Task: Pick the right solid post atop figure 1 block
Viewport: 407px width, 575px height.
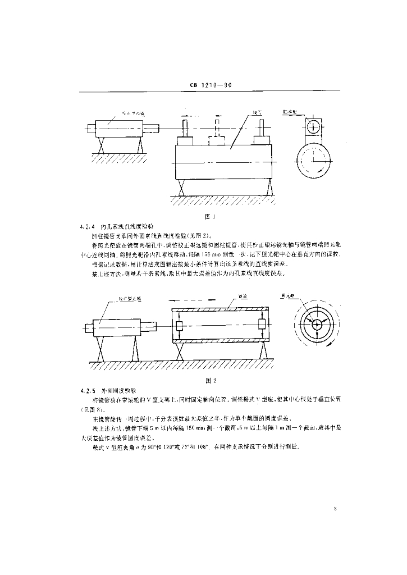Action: click(259, 132)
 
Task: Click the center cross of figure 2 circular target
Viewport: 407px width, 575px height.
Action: click(316, 324)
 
